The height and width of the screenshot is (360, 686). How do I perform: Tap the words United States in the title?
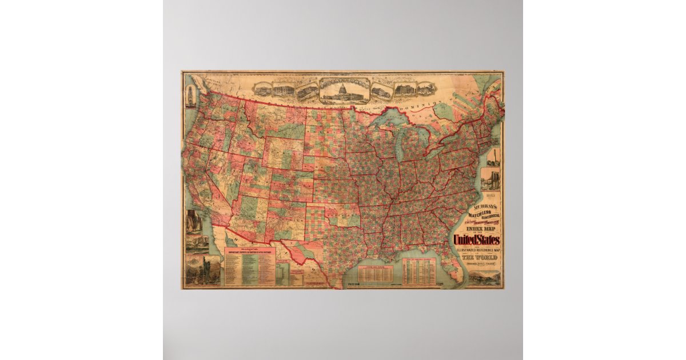(476, 240)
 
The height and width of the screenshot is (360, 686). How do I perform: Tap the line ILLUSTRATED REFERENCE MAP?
(476, 250)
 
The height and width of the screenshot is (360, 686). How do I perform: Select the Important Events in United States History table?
(250, 266)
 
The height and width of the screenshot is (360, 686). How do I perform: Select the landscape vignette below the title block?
(485, 277)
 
